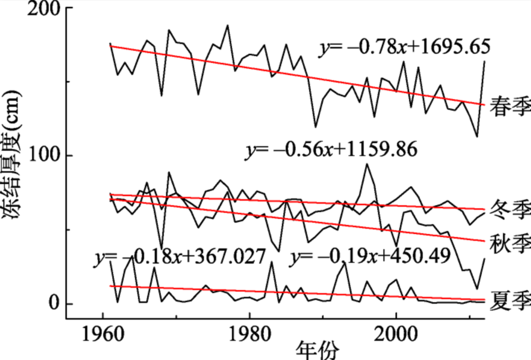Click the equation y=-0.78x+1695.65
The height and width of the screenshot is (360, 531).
coord(405,47)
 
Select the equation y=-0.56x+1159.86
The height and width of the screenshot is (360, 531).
coord(331,150)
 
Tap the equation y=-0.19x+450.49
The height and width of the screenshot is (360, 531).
coord(370,257)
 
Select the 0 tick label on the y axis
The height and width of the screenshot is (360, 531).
coord(54,303)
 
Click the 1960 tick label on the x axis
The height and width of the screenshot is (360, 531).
coord(102,335)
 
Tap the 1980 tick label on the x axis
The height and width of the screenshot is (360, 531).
coord(249,335)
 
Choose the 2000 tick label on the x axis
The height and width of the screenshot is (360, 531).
coord(396,335)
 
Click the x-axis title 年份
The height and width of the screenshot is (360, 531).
coord(317,350)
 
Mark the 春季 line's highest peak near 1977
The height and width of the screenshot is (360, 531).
coord(228,25)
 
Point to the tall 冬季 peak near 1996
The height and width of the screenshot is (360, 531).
coord(367,164)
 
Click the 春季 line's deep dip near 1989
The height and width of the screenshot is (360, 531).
coord(315,127)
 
